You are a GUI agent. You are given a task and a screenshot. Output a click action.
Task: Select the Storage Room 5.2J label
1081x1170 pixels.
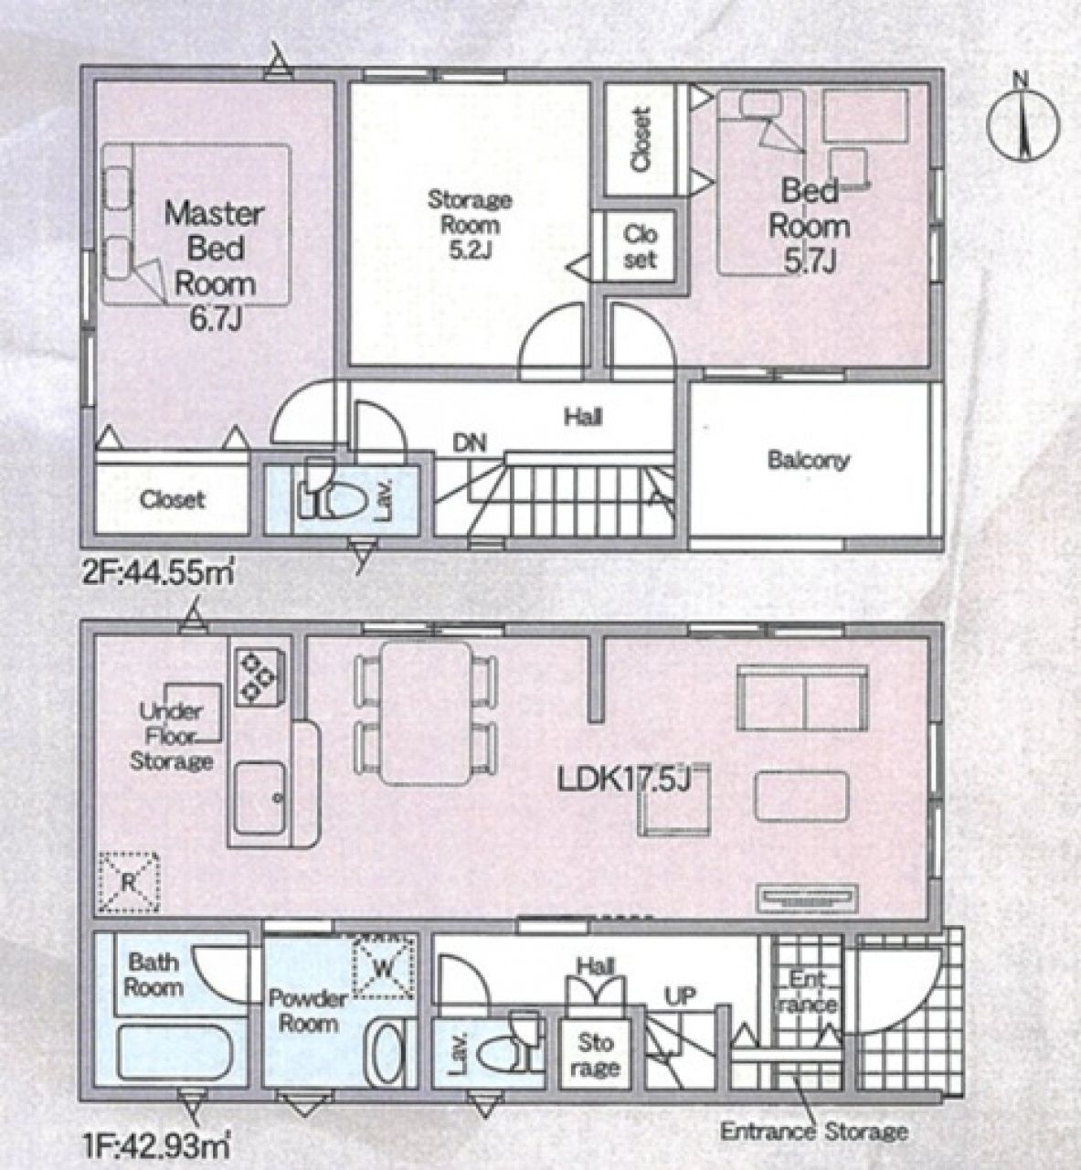coord(469,225)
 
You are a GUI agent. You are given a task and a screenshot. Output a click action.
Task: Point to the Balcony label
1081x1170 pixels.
coord(809,460)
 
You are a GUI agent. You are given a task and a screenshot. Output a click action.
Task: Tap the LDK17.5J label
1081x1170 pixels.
coord(623,780)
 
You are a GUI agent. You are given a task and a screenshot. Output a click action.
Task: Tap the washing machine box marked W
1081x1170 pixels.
coord(384,966)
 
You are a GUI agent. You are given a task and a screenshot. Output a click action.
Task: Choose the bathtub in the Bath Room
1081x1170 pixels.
coord(175,1049)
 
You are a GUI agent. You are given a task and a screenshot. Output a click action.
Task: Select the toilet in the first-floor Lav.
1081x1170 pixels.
coord(505,1043)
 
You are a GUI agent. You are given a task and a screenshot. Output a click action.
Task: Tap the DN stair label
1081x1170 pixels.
coord(470,443)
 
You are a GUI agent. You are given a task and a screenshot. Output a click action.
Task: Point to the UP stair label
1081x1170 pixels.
coord(681,995)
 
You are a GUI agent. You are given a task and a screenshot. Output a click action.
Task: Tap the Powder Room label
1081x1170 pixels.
coord(308,1011)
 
